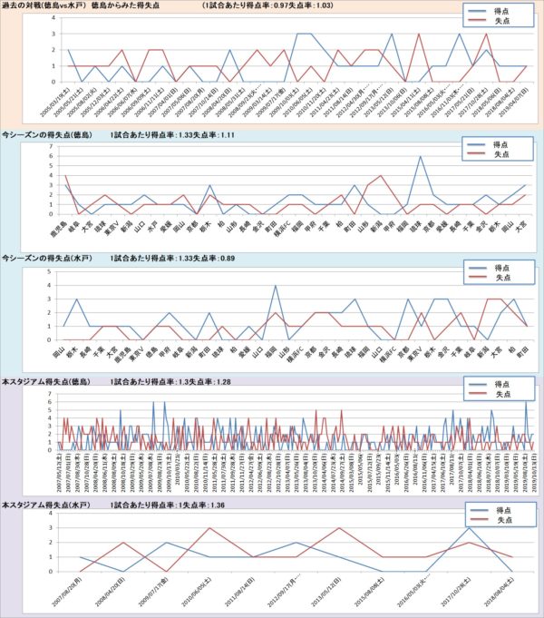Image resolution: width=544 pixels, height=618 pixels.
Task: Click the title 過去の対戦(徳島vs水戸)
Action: (43, 6)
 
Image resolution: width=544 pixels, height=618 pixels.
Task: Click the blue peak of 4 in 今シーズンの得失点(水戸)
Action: (276, 287)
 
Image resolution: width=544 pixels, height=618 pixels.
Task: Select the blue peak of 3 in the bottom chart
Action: (469, 528)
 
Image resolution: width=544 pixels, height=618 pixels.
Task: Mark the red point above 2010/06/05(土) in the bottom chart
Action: (209, 528)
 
